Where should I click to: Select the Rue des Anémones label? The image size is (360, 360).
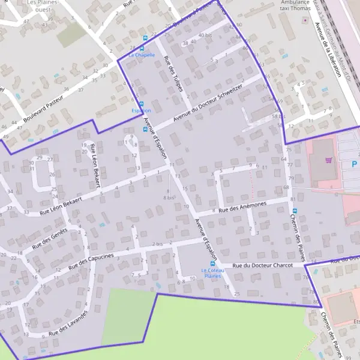coord(242,207)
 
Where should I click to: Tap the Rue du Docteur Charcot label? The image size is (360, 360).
coord(262,265)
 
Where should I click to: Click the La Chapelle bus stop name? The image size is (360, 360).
coord(142,55)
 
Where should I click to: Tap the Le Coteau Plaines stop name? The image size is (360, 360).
coord(211,273)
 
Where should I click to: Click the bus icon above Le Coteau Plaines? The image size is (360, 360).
coord(212,263)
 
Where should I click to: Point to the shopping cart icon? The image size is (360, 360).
coord(328,160)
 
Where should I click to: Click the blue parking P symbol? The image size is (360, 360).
coord(354,164)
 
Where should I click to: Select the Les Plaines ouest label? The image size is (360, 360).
coord(43,6)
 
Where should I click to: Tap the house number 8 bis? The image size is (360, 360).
coord(169,197)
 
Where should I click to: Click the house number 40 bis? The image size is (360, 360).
coord(205,35)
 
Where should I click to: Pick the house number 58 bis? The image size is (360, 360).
coord(277,116)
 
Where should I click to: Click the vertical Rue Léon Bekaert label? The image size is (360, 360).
coord(95,159)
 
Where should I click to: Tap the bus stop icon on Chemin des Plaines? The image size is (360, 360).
coord(294,210)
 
